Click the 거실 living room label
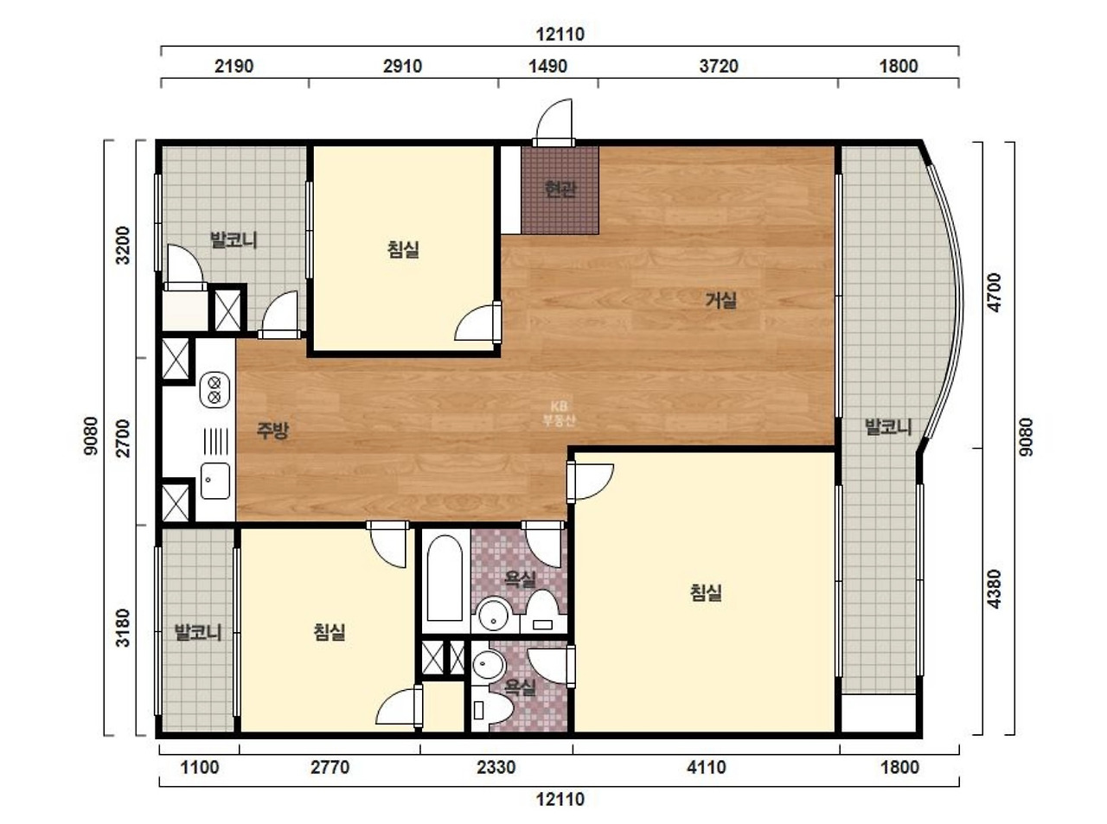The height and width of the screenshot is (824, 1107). pos(720,300)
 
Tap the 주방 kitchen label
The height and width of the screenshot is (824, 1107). pos(272,431)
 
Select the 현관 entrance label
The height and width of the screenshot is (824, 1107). pos(560,189)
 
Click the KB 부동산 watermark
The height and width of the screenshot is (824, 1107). pos(559,414)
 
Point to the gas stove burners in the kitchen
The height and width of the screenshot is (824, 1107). pos(215,390)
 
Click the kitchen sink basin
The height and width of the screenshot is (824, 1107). pos(215,481)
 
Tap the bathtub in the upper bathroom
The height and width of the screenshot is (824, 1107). pos(445,578)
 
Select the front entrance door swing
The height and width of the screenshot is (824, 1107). pos(553,121)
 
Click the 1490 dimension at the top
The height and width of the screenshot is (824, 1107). pos(547,67)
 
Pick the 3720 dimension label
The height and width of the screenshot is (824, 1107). pos(719,67)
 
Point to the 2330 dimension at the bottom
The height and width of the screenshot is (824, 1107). pos(496,767)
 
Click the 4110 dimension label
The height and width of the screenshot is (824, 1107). pos(707,767)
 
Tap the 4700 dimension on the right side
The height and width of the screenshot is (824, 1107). pos(995,292)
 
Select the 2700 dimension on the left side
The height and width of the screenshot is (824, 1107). pos(122,438)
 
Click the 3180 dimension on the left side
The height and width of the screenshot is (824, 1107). pos(122,628)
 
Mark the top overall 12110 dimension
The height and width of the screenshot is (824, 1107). pos(560,35)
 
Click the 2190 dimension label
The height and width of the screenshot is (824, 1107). pos(234,67)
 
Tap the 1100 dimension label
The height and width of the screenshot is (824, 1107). pos(200,767)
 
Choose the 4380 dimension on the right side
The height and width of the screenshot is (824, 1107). pos(995,589)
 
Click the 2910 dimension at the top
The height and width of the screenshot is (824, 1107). pos(402,67)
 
